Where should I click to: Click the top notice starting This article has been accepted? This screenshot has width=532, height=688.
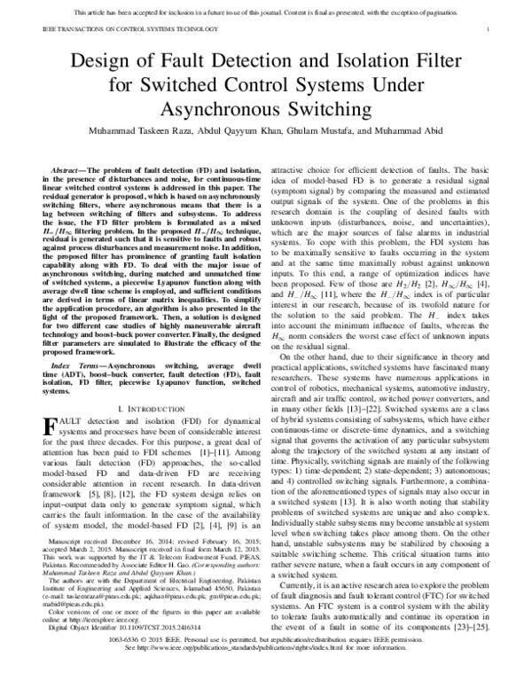point(265,12)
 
